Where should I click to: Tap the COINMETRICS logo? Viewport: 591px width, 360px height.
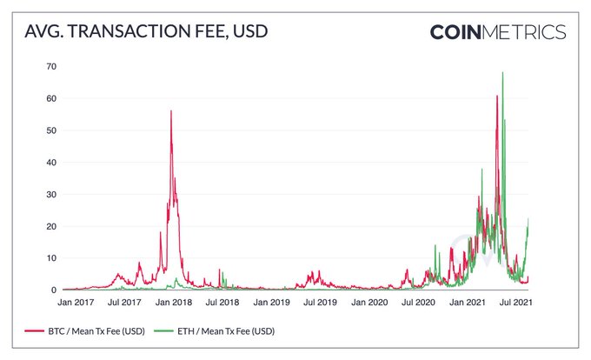point(498,33)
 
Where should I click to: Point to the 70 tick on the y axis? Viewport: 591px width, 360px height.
point(51,66)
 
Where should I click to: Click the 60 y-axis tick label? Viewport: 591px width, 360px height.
point(51,98)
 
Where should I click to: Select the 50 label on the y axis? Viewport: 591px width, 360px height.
point(51,130)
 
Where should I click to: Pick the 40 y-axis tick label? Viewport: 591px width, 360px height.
point(51,163)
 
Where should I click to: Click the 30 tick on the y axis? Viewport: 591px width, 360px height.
point(51,194)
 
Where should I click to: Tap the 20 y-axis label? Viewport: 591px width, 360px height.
point(51,226)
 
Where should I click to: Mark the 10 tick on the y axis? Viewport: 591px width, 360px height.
point(51,258)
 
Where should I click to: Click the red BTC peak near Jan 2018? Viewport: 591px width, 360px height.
point(171,111)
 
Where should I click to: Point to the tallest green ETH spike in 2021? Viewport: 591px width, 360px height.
point(502,73)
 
